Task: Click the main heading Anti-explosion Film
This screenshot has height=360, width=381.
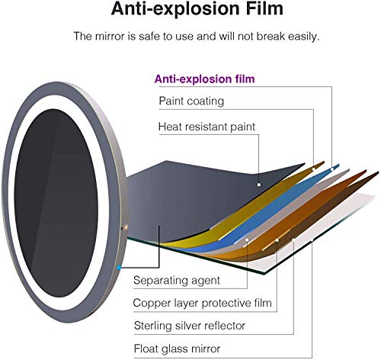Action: click(x=197, y=9)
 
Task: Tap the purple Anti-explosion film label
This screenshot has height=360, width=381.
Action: click(x=204, y=79)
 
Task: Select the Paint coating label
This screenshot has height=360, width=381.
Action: click(x=191, y=101)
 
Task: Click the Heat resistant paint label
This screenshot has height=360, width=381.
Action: click(x=207, y=127)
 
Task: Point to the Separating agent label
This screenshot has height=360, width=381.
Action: click(x=177, y=280)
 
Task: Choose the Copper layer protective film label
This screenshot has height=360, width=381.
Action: click(x=203, y=303)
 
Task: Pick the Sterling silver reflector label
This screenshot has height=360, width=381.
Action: click(x=190, y=326)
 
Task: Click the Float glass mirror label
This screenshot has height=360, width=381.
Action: click(x=177, y=349)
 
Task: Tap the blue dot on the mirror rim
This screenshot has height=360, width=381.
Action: click(x=119, y=268)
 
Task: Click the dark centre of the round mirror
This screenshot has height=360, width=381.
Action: click(x=56, y=204)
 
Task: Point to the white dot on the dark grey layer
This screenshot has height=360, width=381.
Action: click(x=259, y=185)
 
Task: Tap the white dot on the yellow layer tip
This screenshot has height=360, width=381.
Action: click(x=314, y=169)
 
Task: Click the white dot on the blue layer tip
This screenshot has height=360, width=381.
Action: click(x=332, y=169)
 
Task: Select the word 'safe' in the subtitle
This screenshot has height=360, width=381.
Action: click(x=149, y=37)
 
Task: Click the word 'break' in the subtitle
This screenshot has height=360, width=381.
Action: click(x=271, y=37)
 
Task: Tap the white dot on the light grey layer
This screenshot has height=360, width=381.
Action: click(x=247, y=239)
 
